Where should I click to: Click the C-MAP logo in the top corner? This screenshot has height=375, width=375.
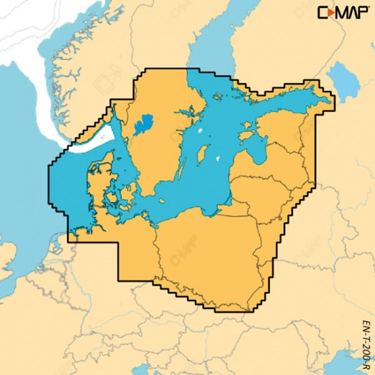(345, 12)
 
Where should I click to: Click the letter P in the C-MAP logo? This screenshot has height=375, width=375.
(363, 12)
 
